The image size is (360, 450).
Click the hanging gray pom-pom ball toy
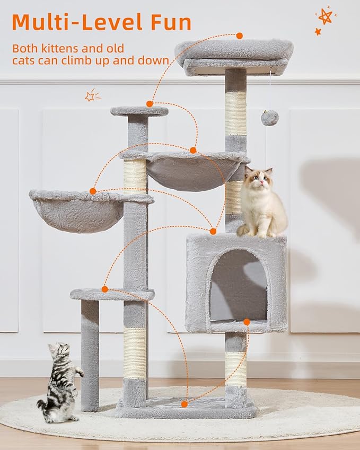pos(270,118)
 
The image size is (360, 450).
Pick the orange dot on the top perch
pos(240,36)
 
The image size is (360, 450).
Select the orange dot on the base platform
pos(184,404)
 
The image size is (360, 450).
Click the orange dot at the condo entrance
pos(247,322)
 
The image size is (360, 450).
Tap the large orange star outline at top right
pos(325,16)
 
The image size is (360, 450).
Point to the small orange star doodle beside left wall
pos(91,95)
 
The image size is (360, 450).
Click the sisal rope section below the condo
pos(235,369)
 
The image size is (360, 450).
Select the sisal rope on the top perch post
pos(235,112)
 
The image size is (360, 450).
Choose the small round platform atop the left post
pos(139,111)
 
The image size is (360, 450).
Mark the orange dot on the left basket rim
pos(93,191)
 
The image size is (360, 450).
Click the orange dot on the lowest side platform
pos(105,289)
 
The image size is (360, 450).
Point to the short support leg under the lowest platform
pos(90,355)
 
